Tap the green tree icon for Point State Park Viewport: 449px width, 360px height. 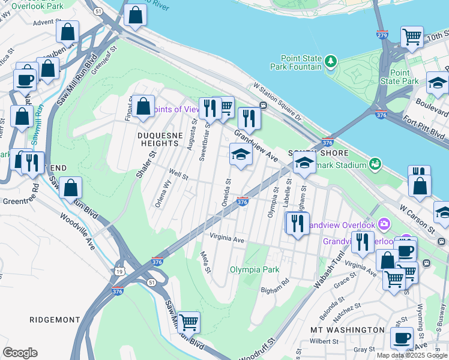[330, 61]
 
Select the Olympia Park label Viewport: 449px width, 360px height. [255, 269]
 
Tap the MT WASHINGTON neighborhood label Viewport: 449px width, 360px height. [348, 330]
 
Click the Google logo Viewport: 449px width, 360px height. [20, 353]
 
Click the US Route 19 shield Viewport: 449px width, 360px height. [119, 272]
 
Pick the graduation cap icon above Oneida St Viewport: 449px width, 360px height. [241, 155]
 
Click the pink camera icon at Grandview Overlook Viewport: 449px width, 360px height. [384, 225]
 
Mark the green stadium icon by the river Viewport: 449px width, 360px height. [375, 163]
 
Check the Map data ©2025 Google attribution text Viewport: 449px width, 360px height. [412, 355]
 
